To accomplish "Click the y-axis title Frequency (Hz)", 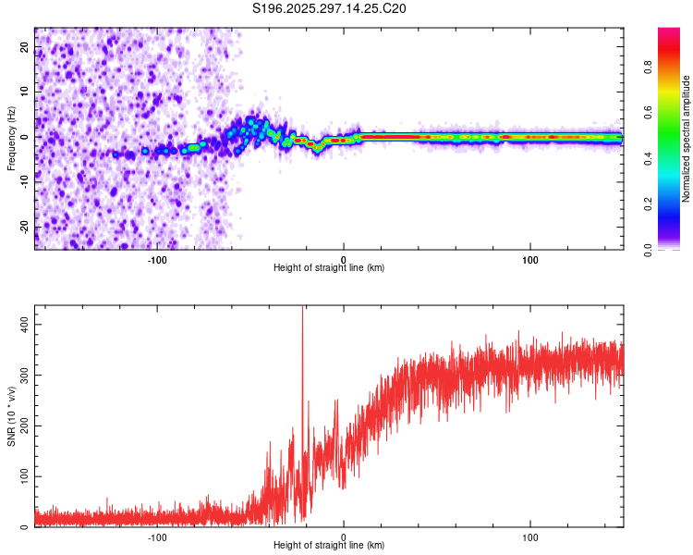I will coord(11,138).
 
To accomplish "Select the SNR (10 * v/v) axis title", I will coord(11,416).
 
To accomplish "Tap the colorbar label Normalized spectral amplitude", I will coord(687,139).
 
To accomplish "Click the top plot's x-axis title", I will coord(329,268).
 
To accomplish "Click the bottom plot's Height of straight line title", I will coord(329,546).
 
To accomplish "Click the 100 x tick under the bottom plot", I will coord(530,536).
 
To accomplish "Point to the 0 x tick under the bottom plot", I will coord(344,536).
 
